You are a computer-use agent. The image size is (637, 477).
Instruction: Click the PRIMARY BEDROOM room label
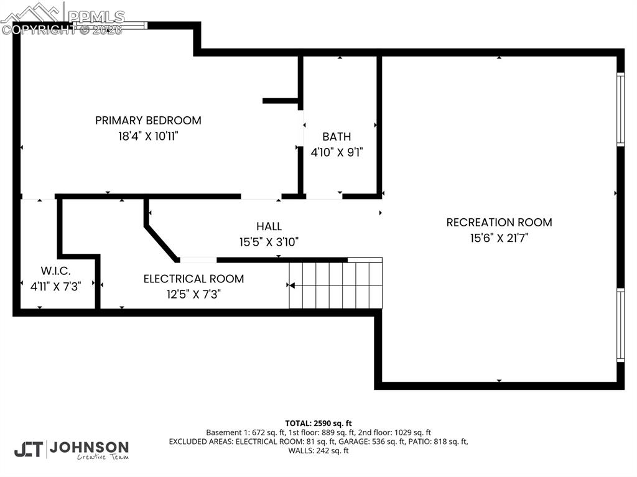(x=148, y=121)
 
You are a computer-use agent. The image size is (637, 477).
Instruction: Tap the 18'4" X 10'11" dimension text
(x=148, y=136)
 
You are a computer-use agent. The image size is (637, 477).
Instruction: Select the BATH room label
(x=337, y=137)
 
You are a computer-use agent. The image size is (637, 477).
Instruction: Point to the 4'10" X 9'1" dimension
(x=337, y=151)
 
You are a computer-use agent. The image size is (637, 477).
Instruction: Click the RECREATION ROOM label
(x=499, y=222)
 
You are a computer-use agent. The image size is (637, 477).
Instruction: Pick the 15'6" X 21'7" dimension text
(x=499, y=238)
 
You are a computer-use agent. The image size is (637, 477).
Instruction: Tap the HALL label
(x=269, y=226)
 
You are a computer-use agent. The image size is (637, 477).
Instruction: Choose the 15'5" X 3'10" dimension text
(x=269, y=241)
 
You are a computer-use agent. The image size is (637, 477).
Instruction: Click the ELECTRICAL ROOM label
(x=193, y=279)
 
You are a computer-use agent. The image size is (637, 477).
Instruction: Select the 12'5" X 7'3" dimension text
(x=193, y=294)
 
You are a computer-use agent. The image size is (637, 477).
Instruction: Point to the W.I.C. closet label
(x=56, y=271)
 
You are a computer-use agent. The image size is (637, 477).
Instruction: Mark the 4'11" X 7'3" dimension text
(x=56, y=286)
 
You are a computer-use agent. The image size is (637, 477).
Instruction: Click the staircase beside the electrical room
(x=336, y=285)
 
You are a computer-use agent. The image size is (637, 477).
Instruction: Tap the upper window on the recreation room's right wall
(x=620, y=109)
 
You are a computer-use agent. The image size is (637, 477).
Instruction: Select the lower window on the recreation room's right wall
(x=620, y=325)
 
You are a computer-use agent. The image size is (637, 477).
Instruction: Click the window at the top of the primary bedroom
(x=110, y=25)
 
